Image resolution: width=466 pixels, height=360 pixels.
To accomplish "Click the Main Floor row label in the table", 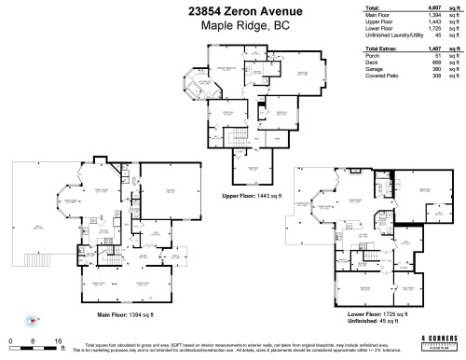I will point(377,17).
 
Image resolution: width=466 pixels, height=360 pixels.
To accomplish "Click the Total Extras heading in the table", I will point(382,48).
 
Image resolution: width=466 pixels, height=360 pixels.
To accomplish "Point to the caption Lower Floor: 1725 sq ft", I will point(379,315).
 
